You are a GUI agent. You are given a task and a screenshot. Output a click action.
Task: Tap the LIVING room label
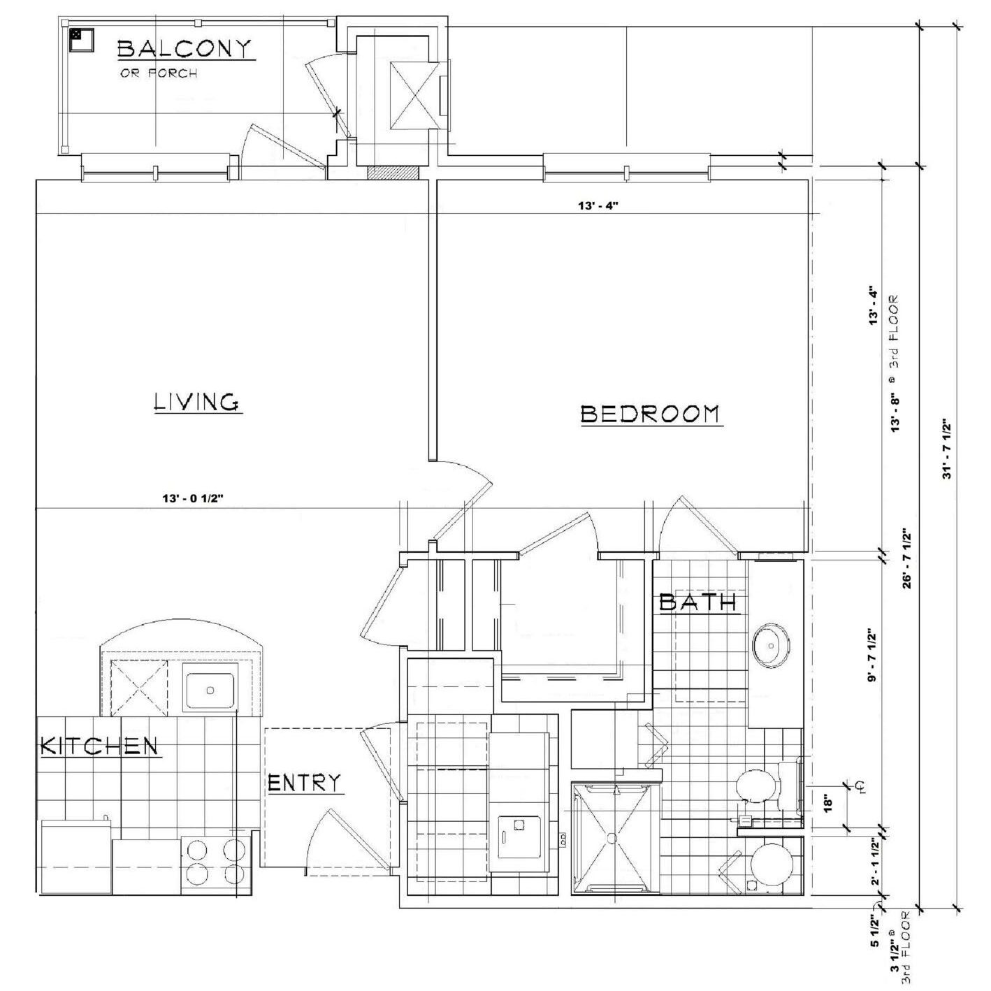198,402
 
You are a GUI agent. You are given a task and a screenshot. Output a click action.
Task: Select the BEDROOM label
651,414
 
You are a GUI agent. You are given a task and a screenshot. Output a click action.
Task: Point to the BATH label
698,602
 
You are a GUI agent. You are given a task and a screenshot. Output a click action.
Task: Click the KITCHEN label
99,746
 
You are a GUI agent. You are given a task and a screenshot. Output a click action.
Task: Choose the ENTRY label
305,783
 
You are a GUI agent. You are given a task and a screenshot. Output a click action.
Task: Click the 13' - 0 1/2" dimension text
193,498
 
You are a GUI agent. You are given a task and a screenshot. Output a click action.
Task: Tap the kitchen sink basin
210,690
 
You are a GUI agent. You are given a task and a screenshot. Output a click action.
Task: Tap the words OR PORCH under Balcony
159,73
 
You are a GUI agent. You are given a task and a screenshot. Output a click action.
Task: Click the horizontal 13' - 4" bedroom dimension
598,206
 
